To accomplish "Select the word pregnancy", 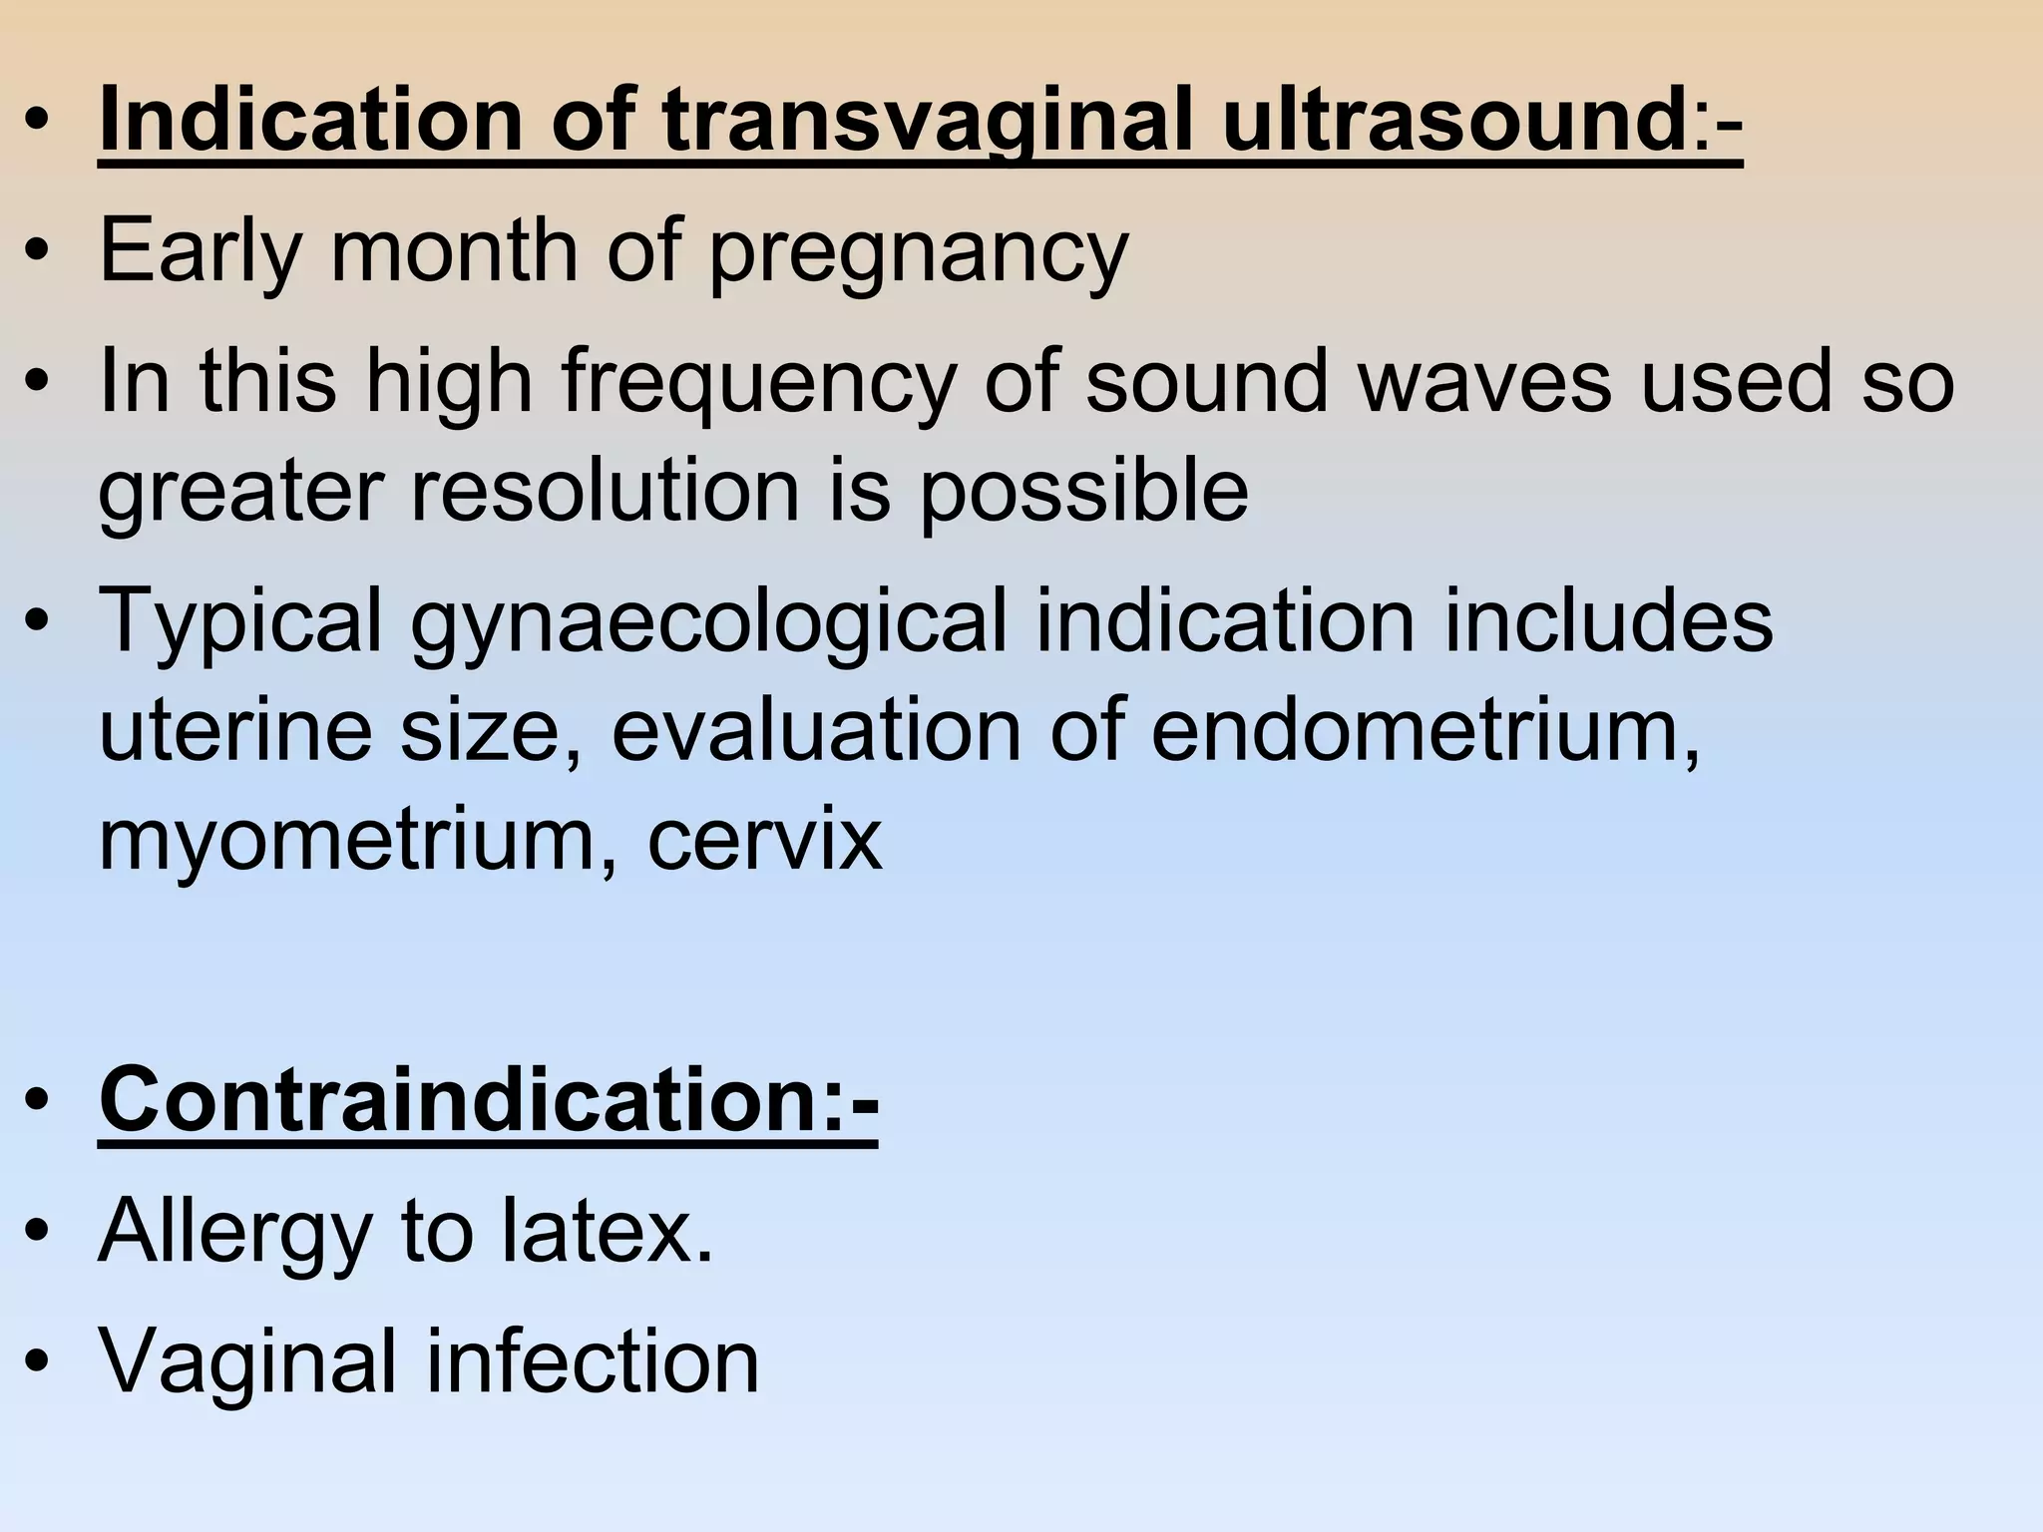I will (918, 251).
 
